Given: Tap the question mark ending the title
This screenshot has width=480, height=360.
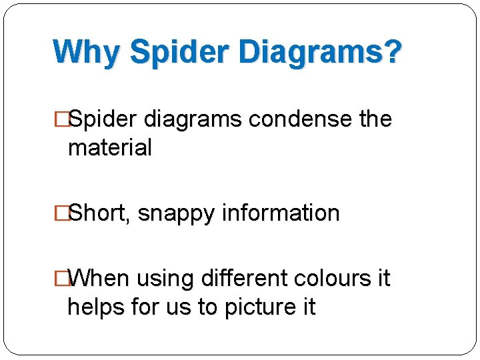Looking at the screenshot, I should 393,51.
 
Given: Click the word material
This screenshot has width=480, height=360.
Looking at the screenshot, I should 110,147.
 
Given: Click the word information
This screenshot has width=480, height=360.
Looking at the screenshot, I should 281,213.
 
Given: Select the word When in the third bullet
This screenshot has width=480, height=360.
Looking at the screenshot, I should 99,278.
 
